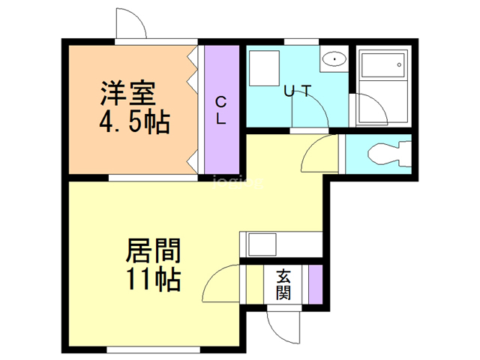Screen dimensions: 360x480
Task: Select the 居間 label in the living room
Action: pyautogui.click(x=153, y=250)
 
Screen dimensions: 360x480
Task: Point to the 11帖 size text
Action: pyautogui.click(x=153, y=280)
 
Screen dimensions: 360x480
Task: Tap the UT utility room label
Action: pyautogui.click(x=297, y=91)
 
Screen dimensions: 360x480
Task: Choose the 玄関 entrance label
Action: pyautogui.click(x=283, y=283)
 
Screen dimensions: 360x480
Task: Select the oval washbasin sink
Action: pyautogui.click(x=332, y=59)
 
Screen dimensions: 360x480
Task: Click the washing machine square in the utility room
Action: pyautogui.click(x=264, y=70)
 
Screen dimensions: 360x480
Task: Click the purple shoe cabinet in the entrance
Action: pyautogui.click(x=316, y=284)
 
